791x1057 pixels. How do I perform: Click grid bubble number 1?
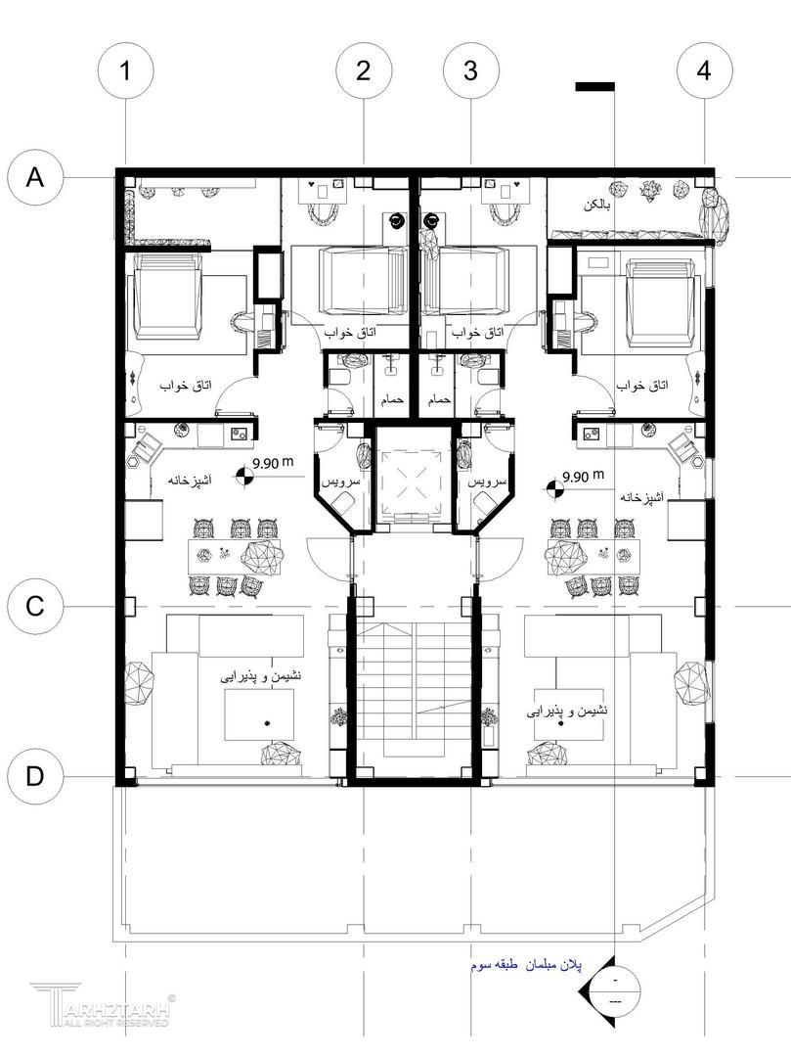126,70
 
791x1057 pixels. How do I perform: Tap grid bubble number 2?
364,70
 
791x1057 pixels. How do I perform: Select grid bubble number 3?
471,70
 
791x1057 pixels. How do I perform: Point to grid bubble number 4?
705,70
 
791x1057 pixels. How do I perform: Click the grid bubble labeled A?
35,177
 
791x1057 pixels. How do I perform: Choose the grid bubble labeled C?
35,606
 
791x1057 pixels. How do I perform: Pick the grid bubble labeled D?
35,776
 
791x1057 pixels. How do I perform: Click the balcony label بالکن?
597,206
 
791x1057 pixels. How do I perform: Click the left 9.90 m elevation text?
273,463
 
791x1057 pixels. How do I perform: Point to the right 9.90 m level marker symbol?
554,489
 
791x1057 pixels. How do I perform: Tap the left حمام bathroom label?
392,399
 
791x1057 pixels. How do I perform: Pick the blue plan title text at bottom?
526,965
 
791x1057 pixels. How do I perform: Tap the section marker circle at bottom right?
615,990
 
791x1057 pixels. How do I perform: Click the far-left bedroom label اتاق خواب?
185,386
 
